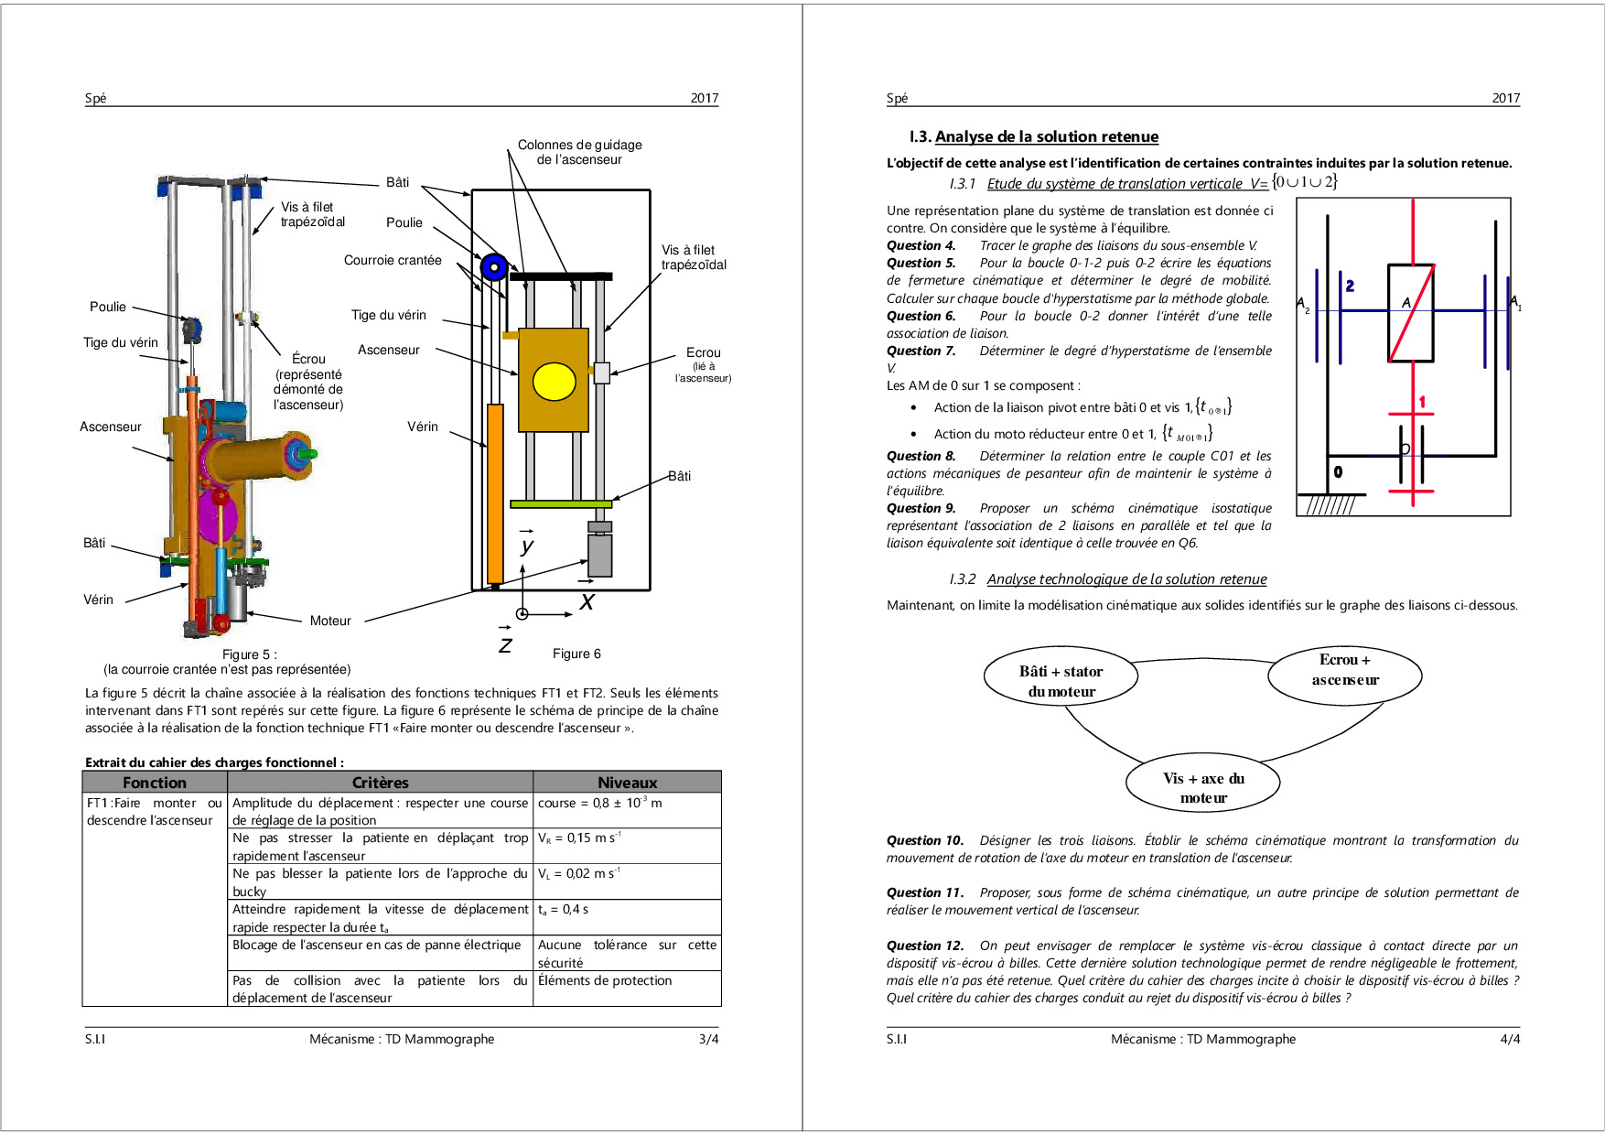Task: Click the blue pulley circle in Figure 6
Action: pos(494,267)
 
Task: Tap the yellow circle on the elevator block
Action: pos(554,382)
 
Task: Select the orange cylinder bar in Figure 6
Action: pos(495,493)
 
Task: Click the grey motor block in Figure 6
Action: pos(599,555)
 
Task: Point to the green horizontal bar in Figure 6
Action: pos(561,503)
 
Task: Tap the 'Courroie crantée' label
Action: pos(393,260)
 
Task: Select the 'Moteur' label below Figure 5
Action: pos(330,621)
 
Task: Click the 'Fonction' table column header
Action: pos(155,783)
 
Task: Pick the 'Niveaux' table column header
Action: pos(627,783)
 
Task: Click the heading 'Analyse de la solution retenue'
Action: pos(1046,136)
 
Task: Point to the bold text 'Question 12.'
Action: pos(925,946)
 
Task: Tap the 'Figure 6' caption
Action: pos(576,654)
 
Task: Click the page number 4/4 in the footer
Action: pos(1510,1039)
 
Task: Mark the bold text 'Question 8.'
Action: pos(921,456)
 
